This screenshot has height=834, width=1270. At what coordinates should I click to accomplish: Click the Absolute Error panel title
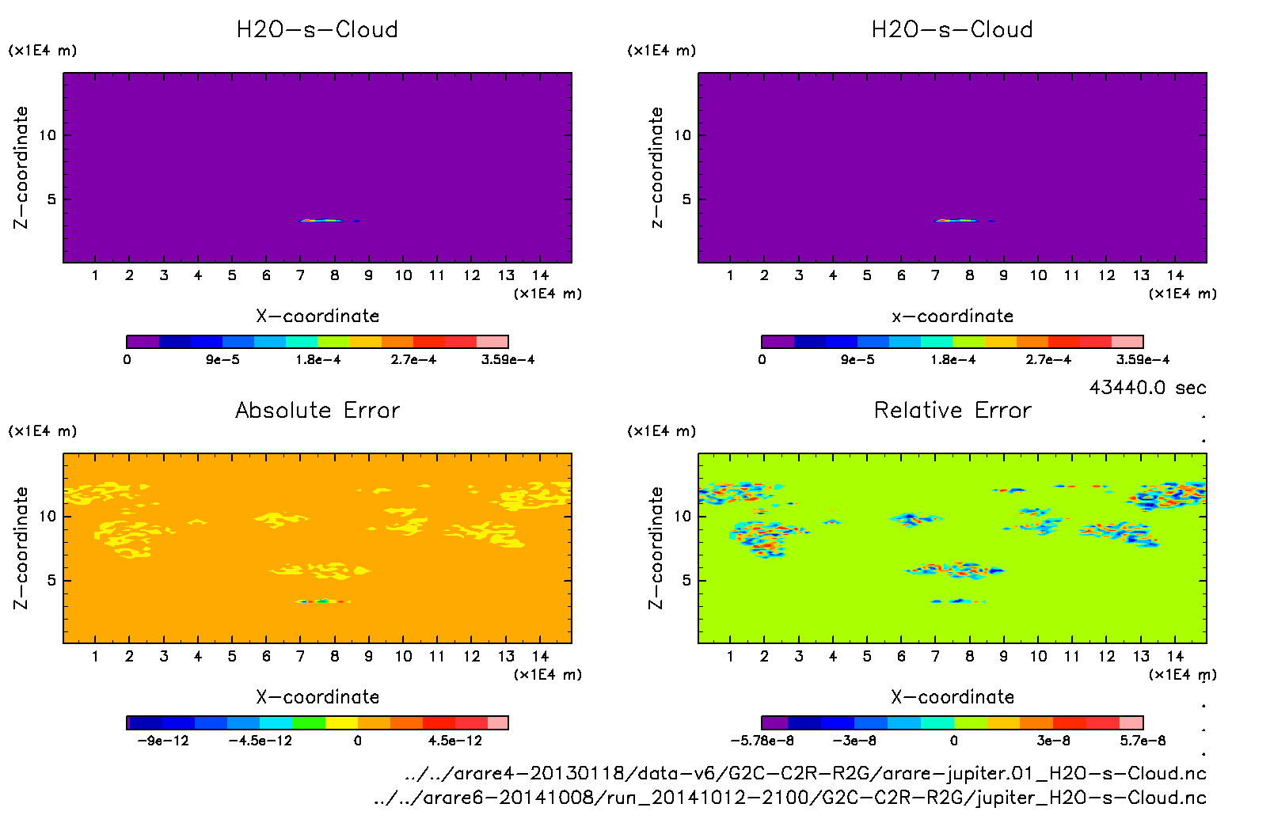pos(317,410)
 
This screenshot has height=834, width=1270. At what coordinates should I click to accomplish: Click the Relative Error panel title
pos(952,410)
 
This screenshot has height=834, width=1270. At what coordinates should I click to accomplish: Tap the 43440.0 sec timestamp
pos(1147,388)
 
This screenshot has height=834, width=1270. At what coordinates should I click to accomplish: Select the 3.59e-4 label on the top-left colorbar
pos(508,360)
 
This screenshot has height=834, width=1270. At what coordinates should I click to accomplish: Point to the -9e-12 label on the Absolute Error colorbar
pos(163,741)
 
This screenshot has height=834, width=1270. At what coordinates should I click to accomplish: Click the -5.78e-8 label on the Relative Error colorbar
pos(762,741)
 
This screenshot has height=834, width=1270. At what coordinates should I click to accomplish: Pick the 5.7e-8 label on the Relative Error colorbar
pos(1143,741)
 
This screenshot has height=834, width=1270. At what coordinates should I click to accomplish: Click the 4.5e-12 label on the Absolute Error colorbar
pos(455,741)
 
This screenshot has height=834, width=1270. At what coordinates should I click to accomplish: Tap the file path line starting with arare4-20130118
pos(805,773)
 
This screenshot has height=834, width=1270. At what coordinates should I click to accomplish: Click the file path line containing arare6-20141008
pos(789,798)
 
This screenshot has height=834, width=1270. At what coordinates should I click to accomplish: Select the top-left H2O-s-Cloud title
pos(317,29)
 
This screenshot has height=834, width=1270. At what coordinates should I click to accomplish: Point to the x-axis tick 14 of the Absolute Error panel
pos(541,656)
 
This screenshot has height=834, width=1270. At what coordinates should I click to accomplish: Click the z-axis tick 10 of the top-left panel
pos(48,135)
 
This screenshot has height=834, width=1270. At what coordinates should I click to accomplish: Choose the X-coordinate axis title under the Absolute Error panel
pos(317,696)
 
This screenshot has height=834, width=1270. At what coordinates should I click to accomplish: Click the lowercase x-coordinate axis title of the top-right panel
pos(952,316)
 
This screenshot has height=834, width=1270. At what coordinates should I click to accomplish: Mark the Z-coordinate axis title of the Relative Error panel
pos(656,548)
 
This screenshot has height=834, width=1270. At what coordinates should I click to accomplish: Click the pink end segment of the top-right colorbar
pos(1127,342)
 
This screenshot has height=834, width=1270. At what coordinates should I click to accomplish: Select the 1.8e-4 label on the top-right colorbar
pos(952,360)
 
